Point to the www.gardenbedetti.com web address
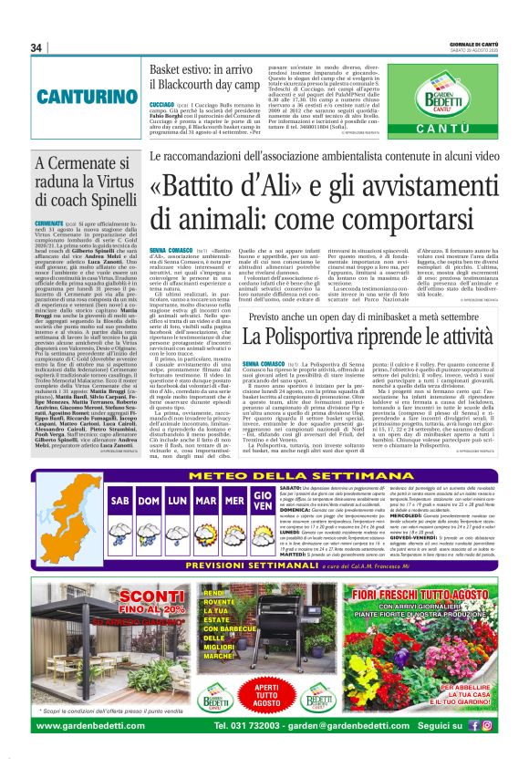click(101, 726)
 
